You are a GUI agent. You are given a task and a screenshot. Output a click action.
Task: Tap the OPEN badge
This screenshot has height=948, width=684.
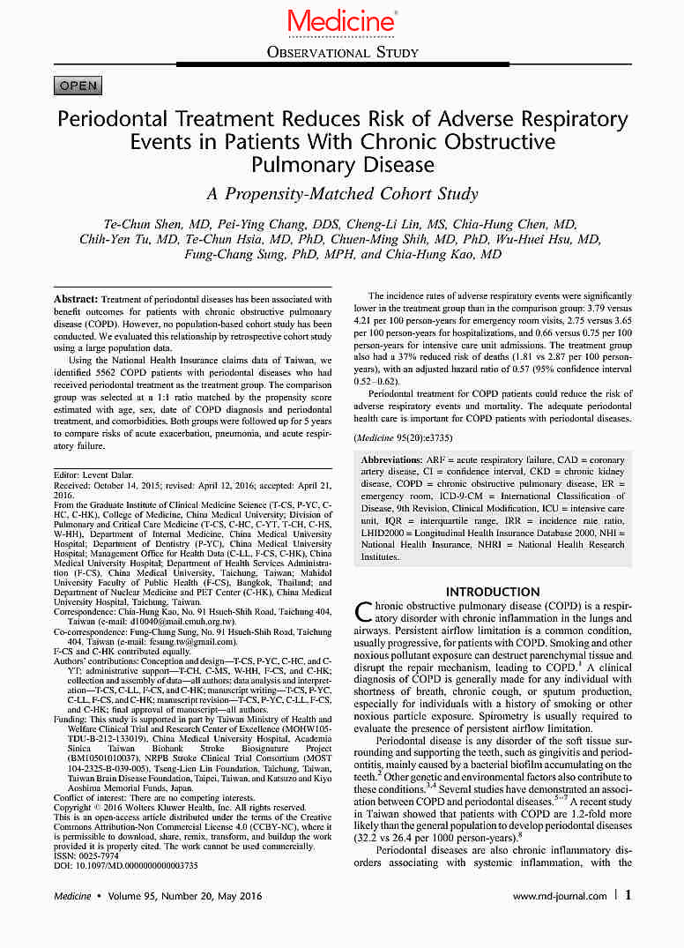pos(78,86)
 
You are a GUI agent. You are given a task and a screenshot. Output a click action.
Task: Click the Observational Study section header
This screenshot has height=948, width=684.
pos(342,53)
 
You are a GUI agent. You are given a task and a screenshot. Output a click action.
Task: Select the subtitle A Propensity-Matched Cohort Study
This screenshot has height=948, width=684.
pos(342,194)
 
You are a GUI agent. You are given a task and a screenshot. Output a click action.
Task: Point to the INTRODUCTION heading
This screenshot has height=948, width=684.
pos(493,592)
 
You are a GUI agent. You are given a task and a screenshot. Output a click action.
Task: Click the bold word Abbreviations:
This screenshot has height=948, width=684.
pos(397,460)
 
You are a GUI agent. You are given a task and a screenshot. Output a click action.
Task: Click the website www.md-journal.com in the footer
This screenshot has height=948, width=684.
pos(560,896)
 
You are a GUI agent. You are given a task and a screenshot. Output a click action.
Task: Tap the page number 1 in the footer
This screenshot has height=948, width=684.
pos(628,895)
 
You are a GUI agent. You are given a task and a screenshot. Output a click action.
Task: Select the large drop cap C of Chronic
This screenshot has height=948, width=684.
pos(362,614)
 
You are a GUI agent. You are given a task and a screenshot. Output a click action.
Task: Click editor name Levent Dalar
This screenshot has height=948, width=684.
pos(109,474)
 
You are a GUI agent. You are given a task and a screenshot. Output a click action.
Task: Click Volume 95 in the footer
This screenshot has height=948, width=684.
pos(139,896)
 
